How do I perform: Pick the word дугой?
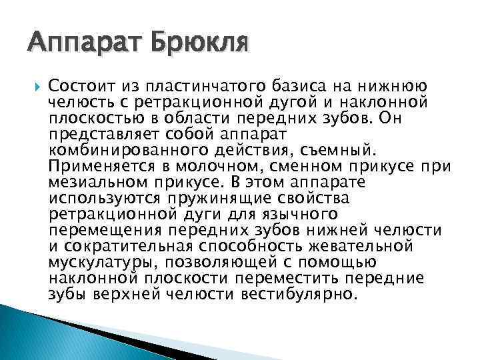(301, 101)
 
